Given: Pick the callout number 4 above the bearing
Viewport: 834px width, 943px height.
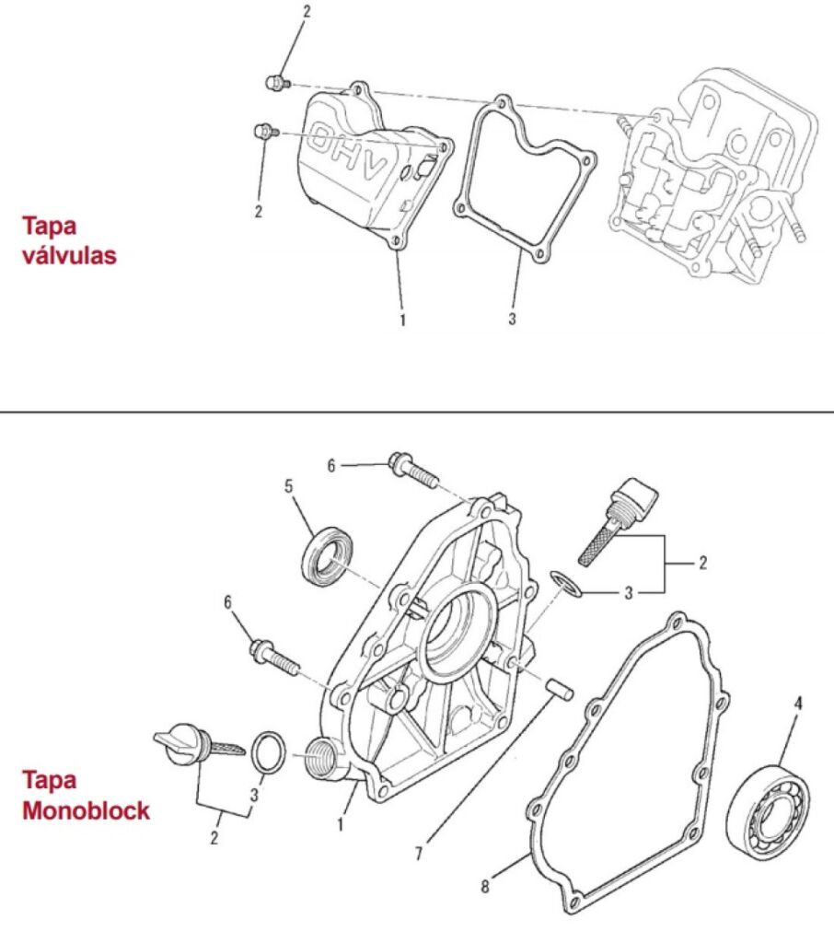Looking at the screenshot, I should (x=798, y=704).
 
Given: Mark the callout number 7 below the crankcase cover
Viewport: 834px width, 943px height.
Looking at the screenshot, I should (x=419, y=854).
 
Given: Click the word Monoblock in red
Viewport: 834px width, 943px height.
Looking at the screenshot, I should (x=86, y=811).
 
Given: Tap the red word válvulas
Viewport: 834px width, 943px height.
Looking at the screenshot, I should (x=70, y=255).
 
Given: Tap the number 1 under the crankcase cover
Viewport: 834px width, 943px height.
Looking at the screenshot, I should (x=340, y=825).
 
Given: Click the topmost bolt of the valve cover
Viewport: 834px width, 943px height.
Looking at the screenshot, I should (x=276, y=84).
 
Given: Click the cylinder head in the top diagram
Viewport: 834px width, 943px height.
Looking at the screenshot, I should (x=709, y=175).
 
